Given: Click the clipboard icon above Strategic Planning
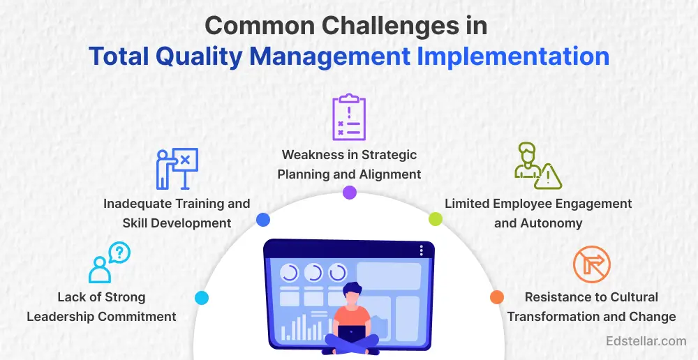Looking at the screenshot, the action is click(349, 117).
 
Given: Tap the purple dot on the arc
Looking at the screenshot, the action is click(350, 193).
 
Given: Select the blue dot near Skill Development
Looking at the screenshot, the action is click(263, 219).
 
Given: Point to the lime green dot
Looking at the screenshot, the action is click(436, 219).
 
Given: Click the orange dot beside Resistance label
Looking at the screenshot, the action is click(497, 297).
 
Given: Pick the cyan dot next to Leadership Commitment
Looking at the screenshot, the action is click(202, 298).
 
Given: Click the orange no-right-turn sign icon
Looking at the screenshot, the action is click(592, 265).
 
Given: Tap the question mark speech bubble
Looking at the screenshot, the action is click(119, 253).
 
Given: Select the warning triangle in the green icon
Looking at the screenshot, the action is click(548, 177).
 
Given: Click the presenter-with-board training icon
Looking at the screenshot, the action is click(177, 169).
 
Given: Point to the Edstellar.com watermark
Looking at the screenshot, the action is click(646, 341).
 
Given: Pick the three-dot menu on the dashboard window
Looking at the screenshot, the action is click(421, 250).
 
